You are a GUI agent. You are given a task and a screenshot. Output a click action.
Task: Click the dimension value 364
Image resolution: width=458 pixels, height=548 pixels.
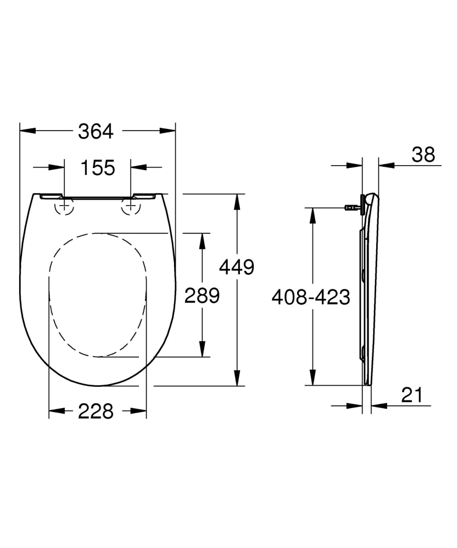96,131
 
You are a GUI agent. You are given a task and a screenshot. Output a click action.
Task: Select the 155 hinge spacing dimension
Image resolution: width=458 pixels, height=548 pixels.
98,167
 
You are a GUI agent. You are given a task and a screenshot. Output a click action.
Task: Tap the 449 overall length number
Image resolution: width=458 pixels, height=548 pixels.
237,267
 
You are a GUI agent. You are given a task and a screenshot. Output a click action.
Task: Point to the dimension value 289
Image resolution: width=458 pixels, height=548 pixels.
202,296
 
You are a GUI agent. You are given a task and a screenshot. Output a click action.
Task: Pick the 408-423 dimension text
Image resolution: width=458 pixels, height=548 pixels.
311,297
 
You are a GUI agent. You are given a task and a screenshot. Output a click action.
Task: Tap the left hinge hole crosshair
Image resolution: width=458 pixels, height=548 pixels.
65,206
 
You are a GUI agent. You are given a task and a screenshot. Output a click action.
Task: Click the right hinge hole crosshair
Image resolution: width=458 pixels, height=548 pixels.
130,206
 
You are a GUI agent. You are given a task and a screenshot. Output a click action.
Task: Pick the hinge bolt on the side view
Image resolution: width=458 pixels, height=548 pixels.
351,207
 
